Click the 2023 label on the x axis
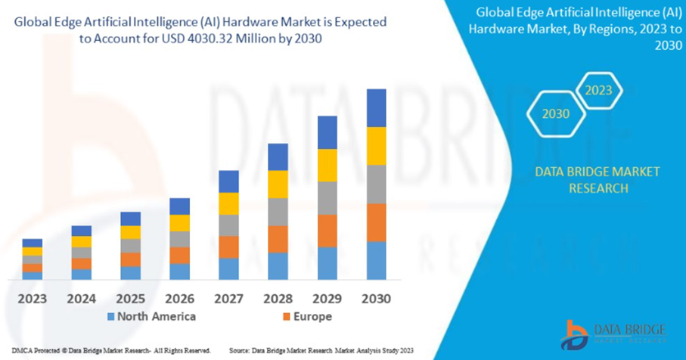32,298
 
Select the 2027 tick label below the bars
228,298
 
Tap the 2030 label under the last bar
376,298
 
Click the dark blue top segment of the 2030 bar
376,108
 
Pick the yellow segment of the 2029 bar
327,165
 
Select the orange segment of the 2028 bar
278,239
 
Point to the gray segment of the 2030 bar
376,185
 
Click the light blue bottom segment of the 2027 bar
228,268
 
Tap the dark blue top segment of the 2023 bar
32,243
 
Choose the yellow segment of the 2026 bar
179,222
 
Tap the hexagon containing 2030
556,114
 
